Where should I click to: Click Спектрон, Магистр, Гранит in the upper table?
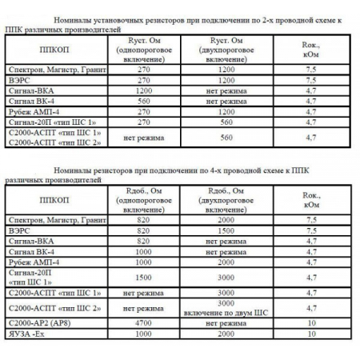(x=50, y=70)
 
